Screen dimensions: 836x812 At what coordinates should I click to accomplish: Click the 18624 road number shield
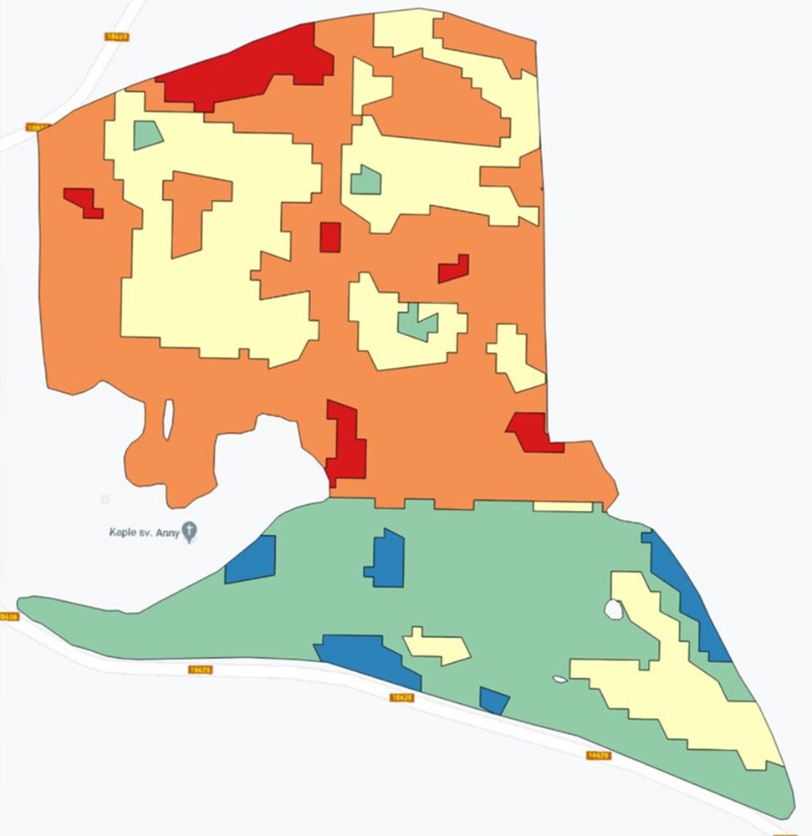[x=116, y=37]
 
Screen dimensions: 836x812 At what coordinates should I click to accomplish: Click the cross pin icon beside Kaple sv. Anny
[x=190, y=531]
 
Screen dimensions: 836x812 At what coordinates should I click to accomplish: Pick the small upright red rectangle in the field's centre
[x=330, y=237]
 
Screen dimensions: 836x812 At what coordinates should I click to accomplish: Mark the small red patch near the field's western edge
[x=84, y=201]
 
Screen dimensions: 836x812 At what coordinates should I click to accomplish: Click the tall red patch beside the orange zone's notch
[x=345, y=443]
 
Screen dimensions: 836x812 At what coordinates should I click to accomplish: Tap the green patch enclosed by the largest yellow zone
[x=147, y=135]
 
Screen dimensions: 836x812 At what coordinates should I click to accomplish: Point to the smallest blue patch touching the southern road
[x=493, y=700]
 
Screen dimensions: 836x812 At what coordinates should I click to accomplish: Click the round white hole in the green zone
[x=614, y=609]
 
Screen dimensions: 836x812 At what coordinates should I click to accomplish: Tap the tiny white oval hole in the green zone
[x=560, y=678]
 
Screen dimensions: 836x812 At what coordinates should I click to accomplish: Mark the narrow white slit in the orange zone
[x=168, y=419]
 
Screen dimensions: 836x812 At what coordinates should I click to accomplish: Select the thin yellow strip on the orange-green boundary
[x=562, y=507]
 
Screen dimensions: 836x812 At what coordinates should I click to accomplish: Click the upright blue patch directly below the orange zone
[x=386, y=558]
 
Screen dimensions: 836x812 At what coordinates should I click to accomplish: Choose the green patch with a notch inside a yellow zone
[x=417, y=321]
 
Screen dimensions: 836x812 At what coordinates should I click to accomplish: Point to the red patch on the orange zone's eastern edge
[x=532, y=431]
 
